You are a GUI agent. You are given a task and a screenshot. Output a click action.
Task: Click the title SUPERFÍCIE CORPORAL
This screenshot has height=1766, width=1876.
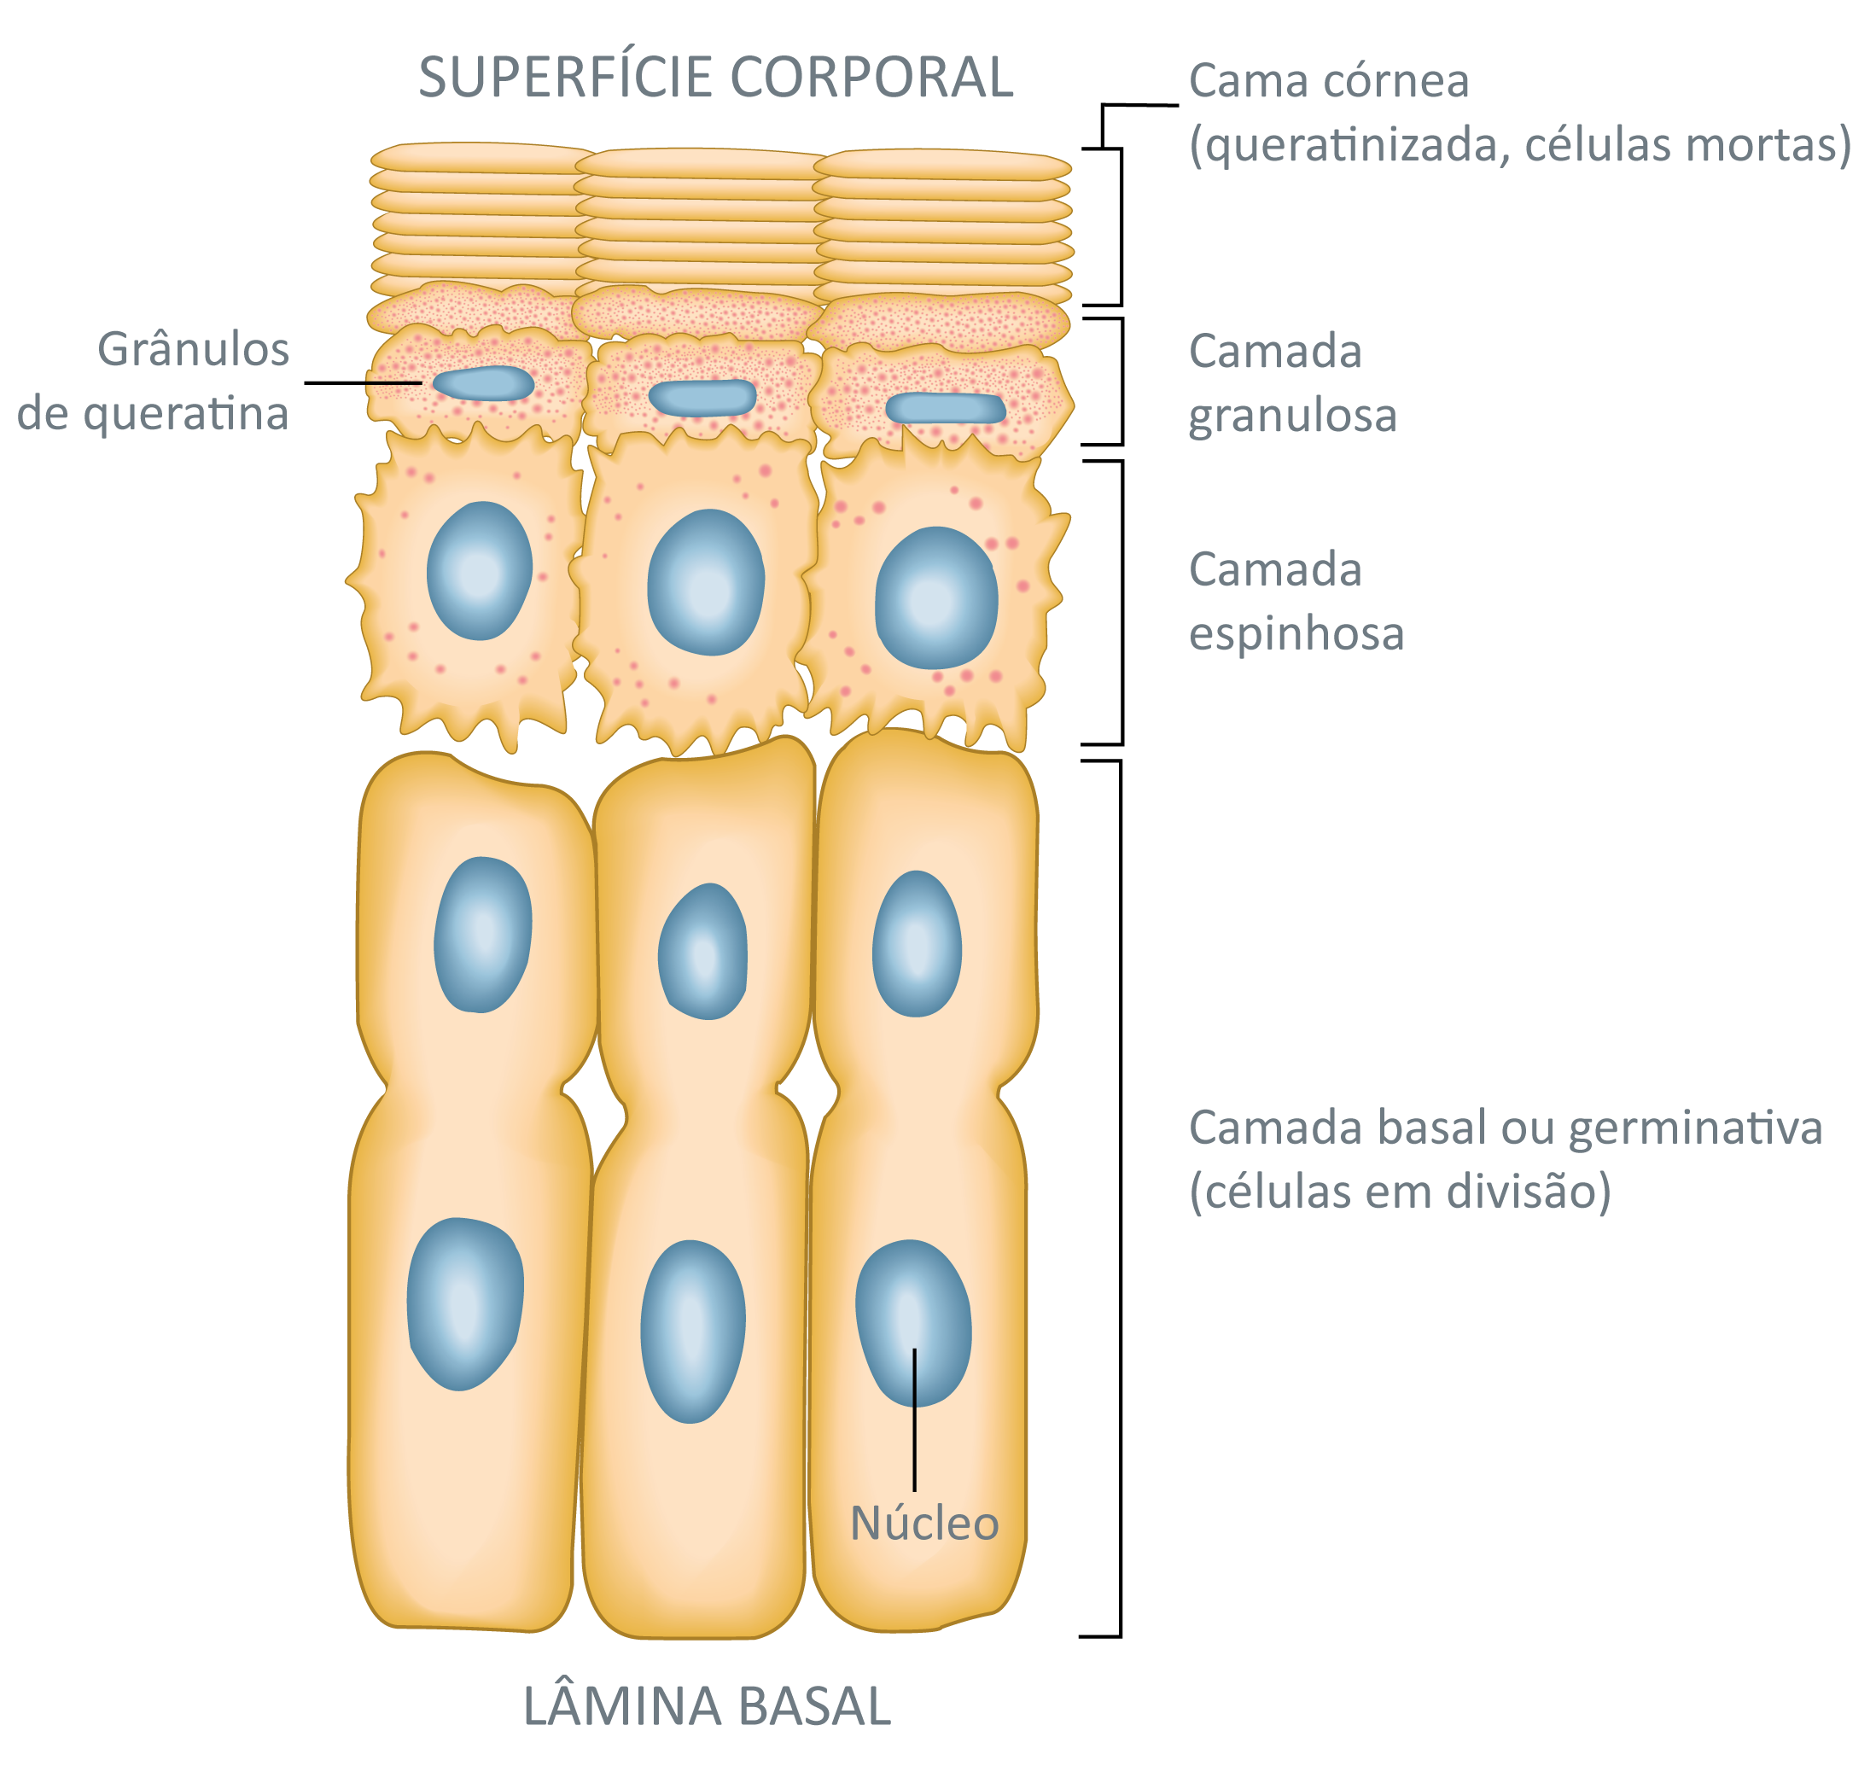(x=715, y=78)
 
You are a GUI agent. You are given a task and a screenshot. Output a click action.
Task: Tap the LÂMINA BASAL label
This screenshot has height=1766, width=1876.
(x=707, y=1705)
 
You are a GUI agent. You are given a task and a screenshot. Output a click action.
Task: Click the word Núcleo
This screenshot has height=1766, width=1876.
(x=923, y=1523)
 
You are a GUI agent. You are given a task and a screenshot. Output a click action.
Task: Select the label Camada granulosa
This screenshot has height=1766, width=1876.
(x=1292, y=383)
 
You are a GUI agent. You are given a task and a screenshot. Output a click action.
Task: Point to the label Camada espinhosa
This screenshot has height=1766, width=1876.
(x=1296, y=601)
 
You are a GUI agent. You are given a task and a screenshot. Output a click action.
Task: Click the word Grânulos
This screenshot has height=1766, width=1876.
(x=194, y=349)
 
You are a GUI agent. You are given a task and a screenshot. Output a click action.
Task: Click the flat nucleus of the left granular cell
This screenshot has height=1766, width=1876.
(x=483, y=383)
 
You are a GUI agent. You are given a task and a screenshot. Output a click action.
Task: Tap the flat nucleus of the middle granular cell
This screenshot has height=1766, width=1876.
(x=703, y=398)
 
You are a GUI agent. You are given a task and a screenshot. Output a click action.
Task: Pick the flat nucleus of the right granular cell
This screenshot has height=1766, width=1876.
(x=946, y=408)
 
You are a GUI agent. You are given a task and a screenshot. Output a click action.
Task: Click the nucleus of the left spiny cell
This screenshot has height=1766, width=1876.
(x=480, y=571)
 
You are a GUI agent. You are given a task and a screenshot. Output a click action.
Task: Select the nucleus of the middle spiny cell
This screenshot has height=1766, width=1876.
(x=706, y=582)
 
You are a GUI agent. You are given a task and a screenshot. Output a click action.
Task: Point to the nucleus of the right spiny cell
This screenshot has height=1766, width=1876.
(x=936, y=598)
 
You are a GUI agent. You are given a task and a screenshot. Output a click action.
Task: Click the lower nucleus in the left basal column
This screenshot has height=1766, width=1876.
(x=465, y=1303)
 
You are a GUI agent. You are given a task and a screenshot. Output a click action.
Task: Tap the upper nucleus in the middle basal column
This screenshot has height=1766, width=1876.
(x=702, y=952)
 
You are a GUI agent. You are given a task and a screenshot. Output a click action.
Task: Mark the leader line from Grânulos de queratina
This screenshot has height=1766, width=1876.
(x=393, y=382)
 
